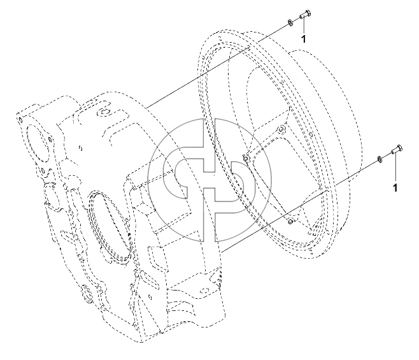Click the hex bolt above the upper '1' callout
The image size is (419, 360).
305,14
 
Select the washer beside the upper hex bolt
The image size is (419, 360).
290,23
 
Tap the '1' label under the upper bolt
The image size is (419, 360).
303,39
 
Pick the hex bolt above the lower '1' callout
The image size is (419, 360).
397,149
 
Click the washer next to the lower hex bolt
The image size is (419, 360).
379,159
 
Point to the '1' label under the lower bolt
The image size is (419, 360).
395,188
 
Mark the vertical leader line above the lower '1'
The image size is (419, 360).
395,167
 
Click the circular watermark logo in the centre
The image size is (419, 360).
209,180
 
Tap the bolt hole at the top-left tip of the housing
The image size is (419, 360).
20,120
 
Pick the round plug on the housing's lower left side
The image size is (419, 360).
87,293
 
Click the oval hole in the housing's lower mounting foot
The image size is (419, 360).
204,290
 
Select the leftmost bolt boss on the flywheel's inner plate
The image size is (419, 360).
246,158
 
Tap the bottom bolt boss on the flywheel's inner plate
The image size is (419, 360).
290,221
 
